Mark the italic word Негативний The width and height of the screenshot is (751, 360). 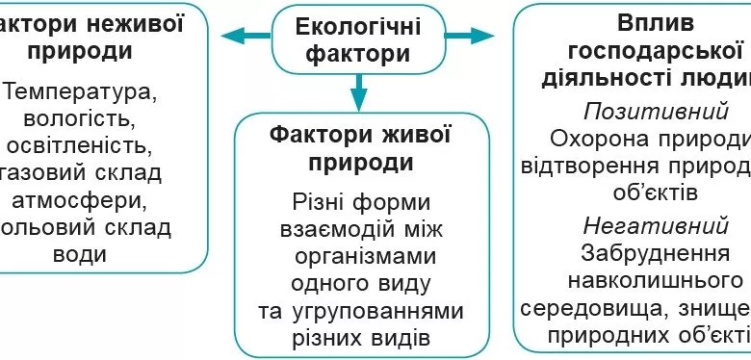655,225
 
